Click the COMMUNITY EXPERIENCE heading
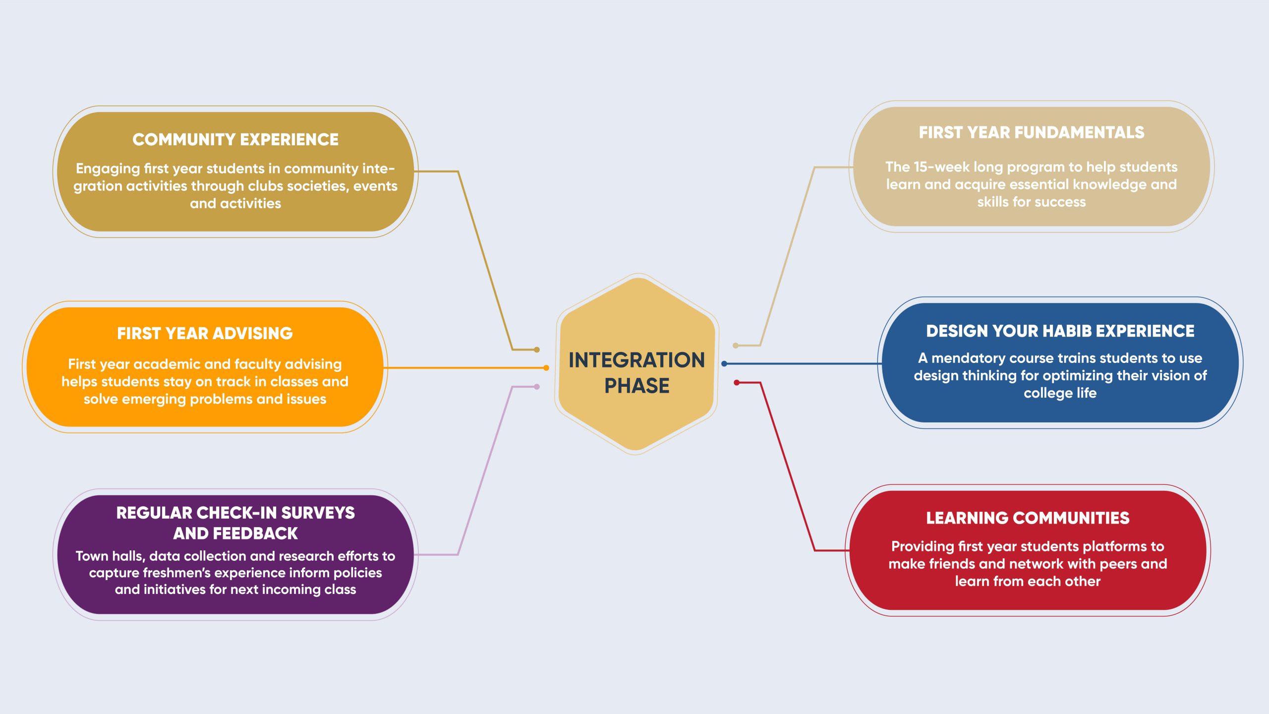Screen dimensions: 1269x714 [235, 139]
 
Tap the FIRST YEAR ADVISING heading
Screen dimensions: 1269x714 [205, 333]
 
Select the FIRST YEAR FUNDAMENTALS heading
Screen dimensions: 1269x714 [1032, 132]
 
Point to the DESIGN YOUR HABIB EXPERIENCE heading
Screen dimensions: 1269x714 [1060, 331]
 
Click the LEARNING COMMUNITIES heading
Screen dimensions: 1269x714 [1028, 518]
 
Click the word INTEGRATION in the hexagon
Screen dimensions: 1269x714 [636, 360]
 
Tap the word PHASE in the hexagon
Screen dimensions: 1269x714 [636, 386]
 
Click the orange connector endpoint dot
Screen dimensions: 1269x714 [546, 368]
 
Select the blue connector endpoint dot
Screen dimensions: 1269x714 [724, 364]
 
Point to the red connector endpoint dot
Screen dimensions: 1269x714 [737, 383]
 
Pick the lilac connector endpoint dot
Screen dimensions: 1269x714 [537, 387]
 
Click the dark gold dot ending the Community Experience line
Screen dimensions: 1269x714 [537, 350]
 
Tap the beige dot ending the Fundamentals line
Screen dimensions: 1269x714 [736, 346]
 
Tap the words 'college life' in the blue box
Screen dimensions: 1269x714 [1060, 393]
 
